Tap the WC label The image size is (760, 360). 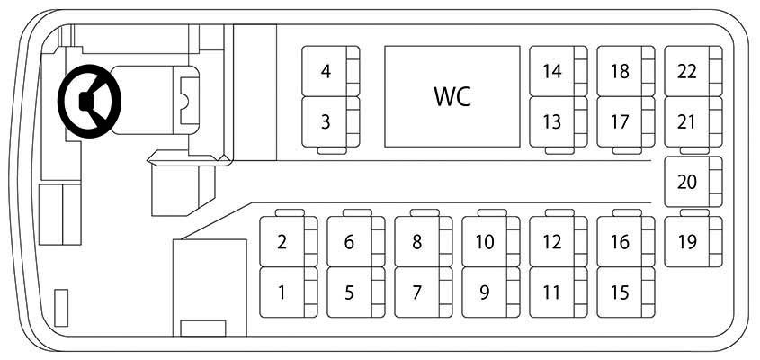(x=452, y=96)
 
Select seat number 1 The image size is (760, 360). (x=289, y=292)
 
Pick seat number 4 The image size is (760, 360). (x=331, y=71)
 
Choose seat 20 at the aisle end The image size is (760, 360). (x=693, y=182)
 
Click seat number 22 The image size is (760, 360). (x=693, y=71)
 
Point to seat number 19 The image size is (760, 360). (x=693, y=241)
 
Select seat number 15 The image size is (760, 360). (x=626, y=292)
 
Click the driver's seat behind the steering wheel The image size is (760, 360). (x=155, y=100)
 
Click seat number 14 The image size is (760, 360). (x=559, y=71)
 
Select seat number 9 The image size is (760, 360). (x=490, y=292)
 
